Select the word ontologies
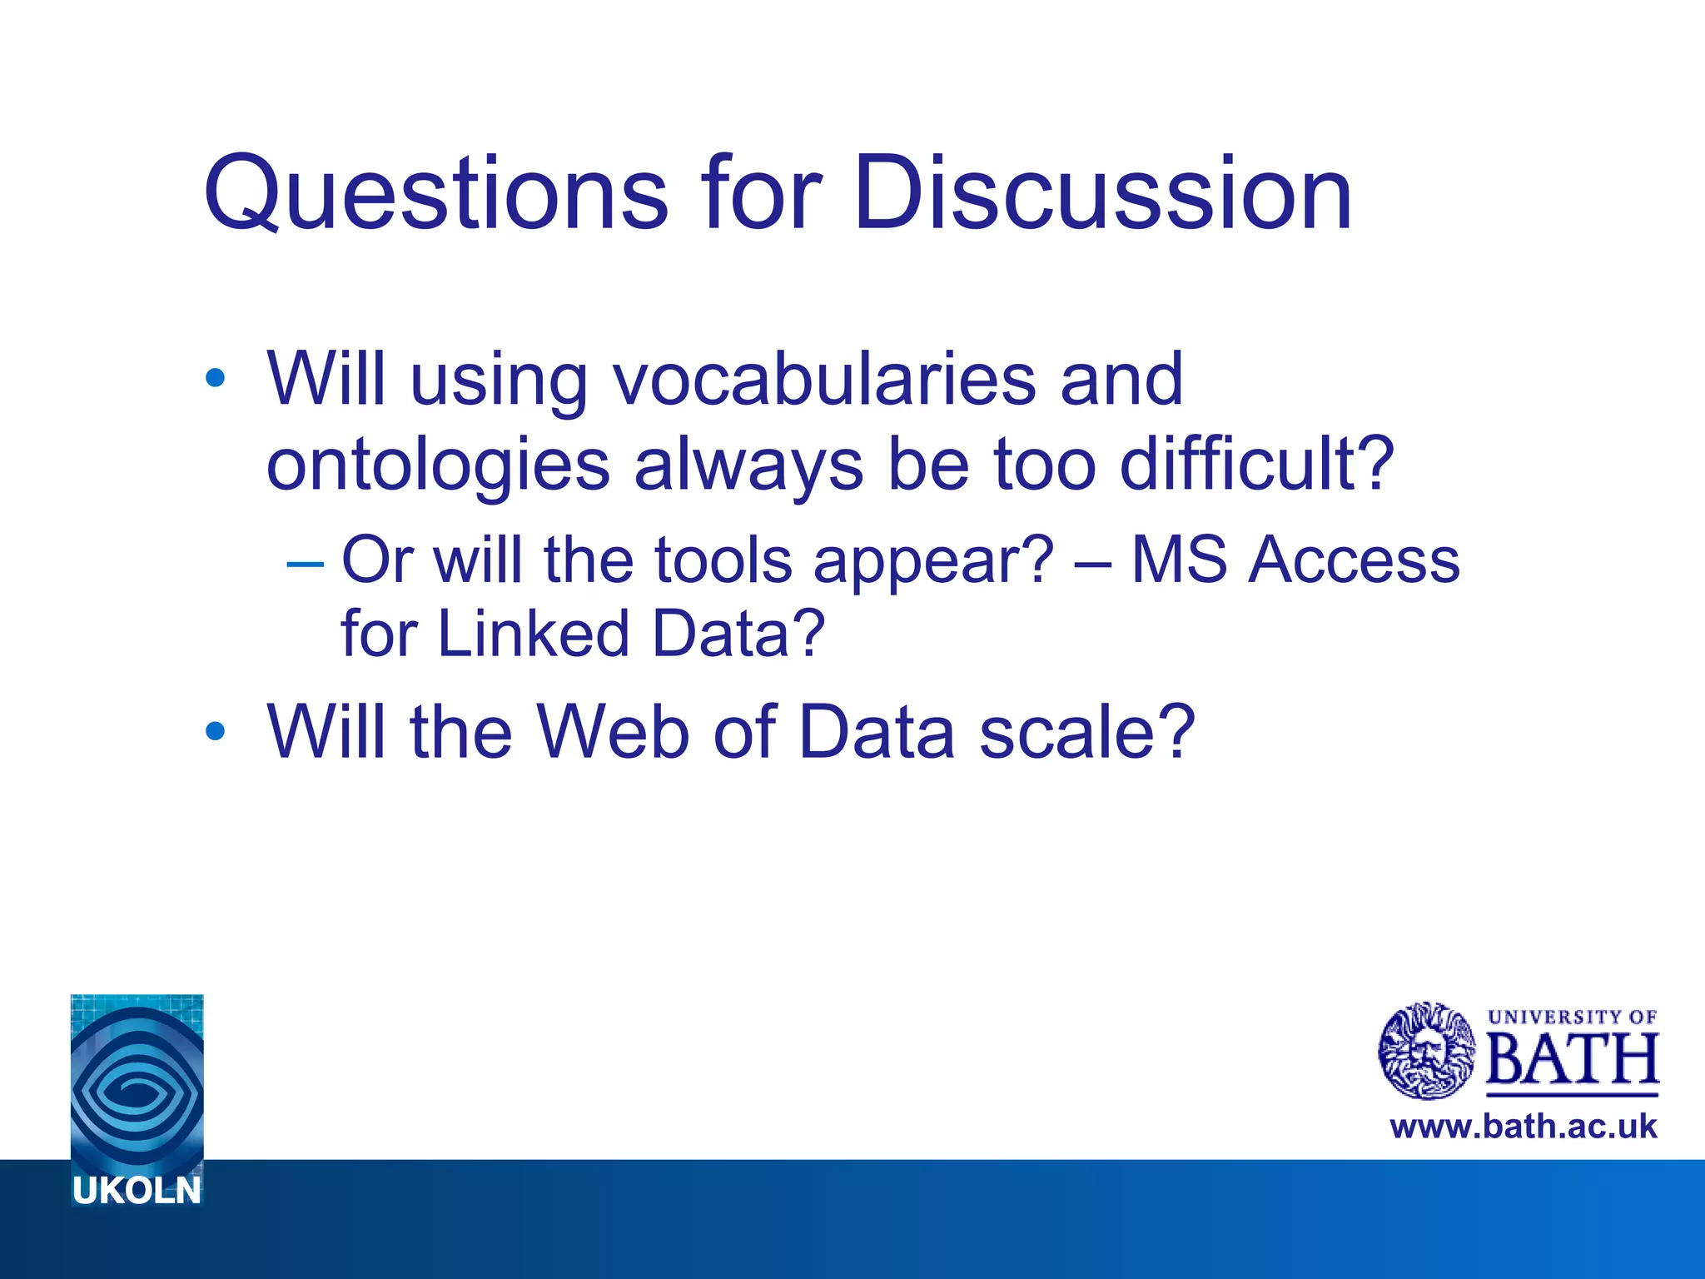tap(438, 465)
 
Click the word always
tap(748, 465)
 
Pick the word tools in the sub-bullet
tap(723, 560)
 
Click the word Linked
tap(533, 634)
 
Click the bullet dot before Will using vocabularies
tap(215, 380)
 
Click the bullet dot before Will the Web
tap(215, 732)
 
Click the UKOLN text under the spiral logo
tap(137, 1192)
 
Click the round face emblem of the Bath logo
tap(1426, 1051)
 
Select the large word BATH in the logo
tap(1572, 1059)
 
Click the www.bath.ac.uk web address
tap(1523, 1127)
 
